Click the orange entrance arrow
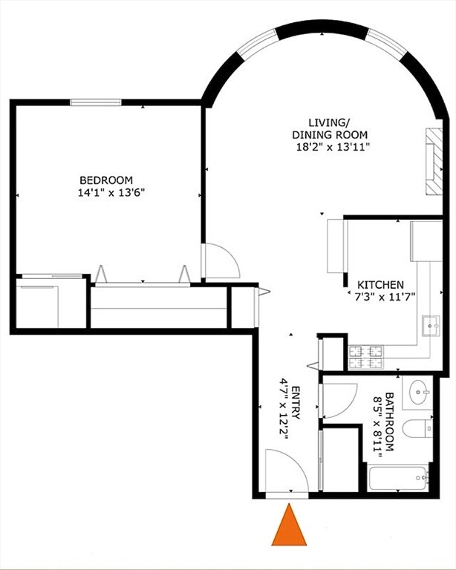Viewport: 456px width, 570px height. tap(289, 526)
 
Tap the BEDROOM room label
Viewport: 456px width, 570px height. tap(106, 180)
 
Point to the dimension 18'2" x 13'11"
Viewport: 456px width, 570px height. tap(329, 146)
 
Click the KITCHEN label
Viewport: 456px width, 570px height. tap(380, 285)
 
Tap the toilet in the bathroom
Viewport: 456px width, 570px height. tap(417, 428)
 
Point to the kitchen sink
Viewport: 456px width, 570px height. tap(429, 324)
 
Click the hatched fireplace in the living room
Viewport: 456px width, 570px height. tap(433, 162)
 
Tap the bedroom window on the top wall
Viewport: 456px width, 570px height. tap(96, 102)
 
